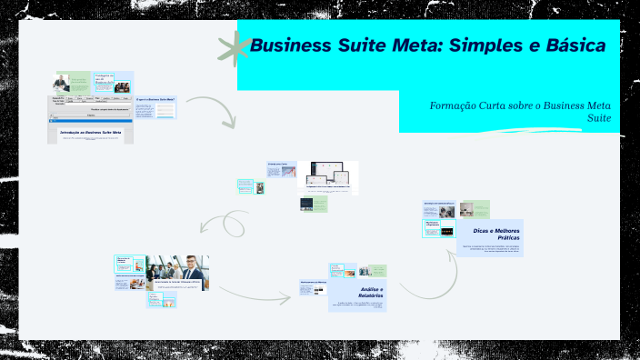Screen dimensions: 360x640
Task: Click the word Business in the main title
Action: (x=294, y=45)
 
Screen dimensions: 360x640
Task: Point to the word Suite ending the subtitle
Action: (x=597, y=119)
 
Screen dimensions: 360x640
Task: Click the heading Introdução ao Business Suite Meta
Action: (x=90, y=132)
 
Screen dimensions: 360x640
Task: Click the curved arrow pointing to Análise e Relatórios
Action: (x=255, y=295)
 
